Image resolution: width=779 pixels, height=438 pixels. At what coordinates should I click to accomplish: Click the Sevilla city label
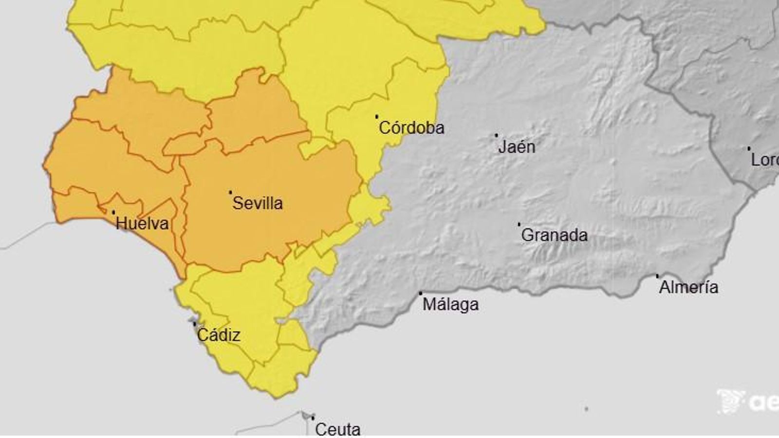257,203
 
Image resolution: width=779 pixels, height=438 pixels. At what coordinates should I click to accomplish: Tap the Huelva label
142,223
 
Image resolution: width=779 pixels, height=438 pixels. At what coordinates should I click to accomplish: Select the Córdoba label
411,128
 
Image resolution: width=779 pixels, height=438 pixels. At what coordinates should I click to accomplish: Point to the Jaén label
517,146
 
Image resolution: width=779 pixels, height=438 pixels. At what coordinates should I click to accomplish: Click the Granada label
554,235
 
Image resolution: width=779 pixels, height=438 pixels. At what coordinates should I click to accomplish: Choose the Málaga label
450,305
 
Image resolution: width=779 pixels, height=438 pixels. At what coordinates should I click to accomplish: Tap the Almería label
688,287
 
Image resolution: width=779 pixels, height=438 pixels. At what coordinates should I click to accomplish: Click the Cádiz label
219,335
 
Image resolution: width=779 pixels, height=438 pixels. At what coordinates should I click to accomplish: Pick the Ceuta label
337,429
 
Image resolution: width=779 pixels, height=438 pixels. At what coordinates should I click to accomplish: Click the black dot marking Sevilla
230,192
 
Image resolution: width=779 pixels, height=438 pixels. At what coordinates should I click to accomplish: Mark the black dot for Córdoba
376,116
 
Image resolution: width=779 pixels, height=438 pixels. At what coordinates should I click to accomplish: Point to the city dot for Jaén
496,135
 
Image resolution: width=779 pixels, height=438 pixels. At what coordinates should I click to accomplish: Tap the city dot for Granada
519,224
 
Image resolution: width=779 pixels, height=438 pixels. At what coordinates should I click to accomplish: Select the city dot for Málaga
421,293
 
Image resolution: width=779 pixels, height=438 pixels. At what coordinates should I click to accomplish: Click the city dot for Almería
657,276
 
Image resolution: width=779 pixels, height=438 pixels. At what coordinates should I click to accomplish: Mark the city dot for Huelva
113,212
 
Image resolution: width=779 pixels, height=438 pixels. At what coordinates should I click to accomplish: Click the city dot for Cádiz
195,324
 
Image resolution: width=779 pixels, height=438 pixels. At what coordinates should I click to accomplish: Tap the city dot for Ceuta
313,418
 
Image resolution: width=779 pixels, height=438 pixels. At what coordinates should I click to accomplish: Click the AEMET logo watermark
747,402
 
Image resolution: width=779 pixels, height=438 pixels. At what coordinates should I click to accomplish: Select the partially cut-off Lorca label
764,160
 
